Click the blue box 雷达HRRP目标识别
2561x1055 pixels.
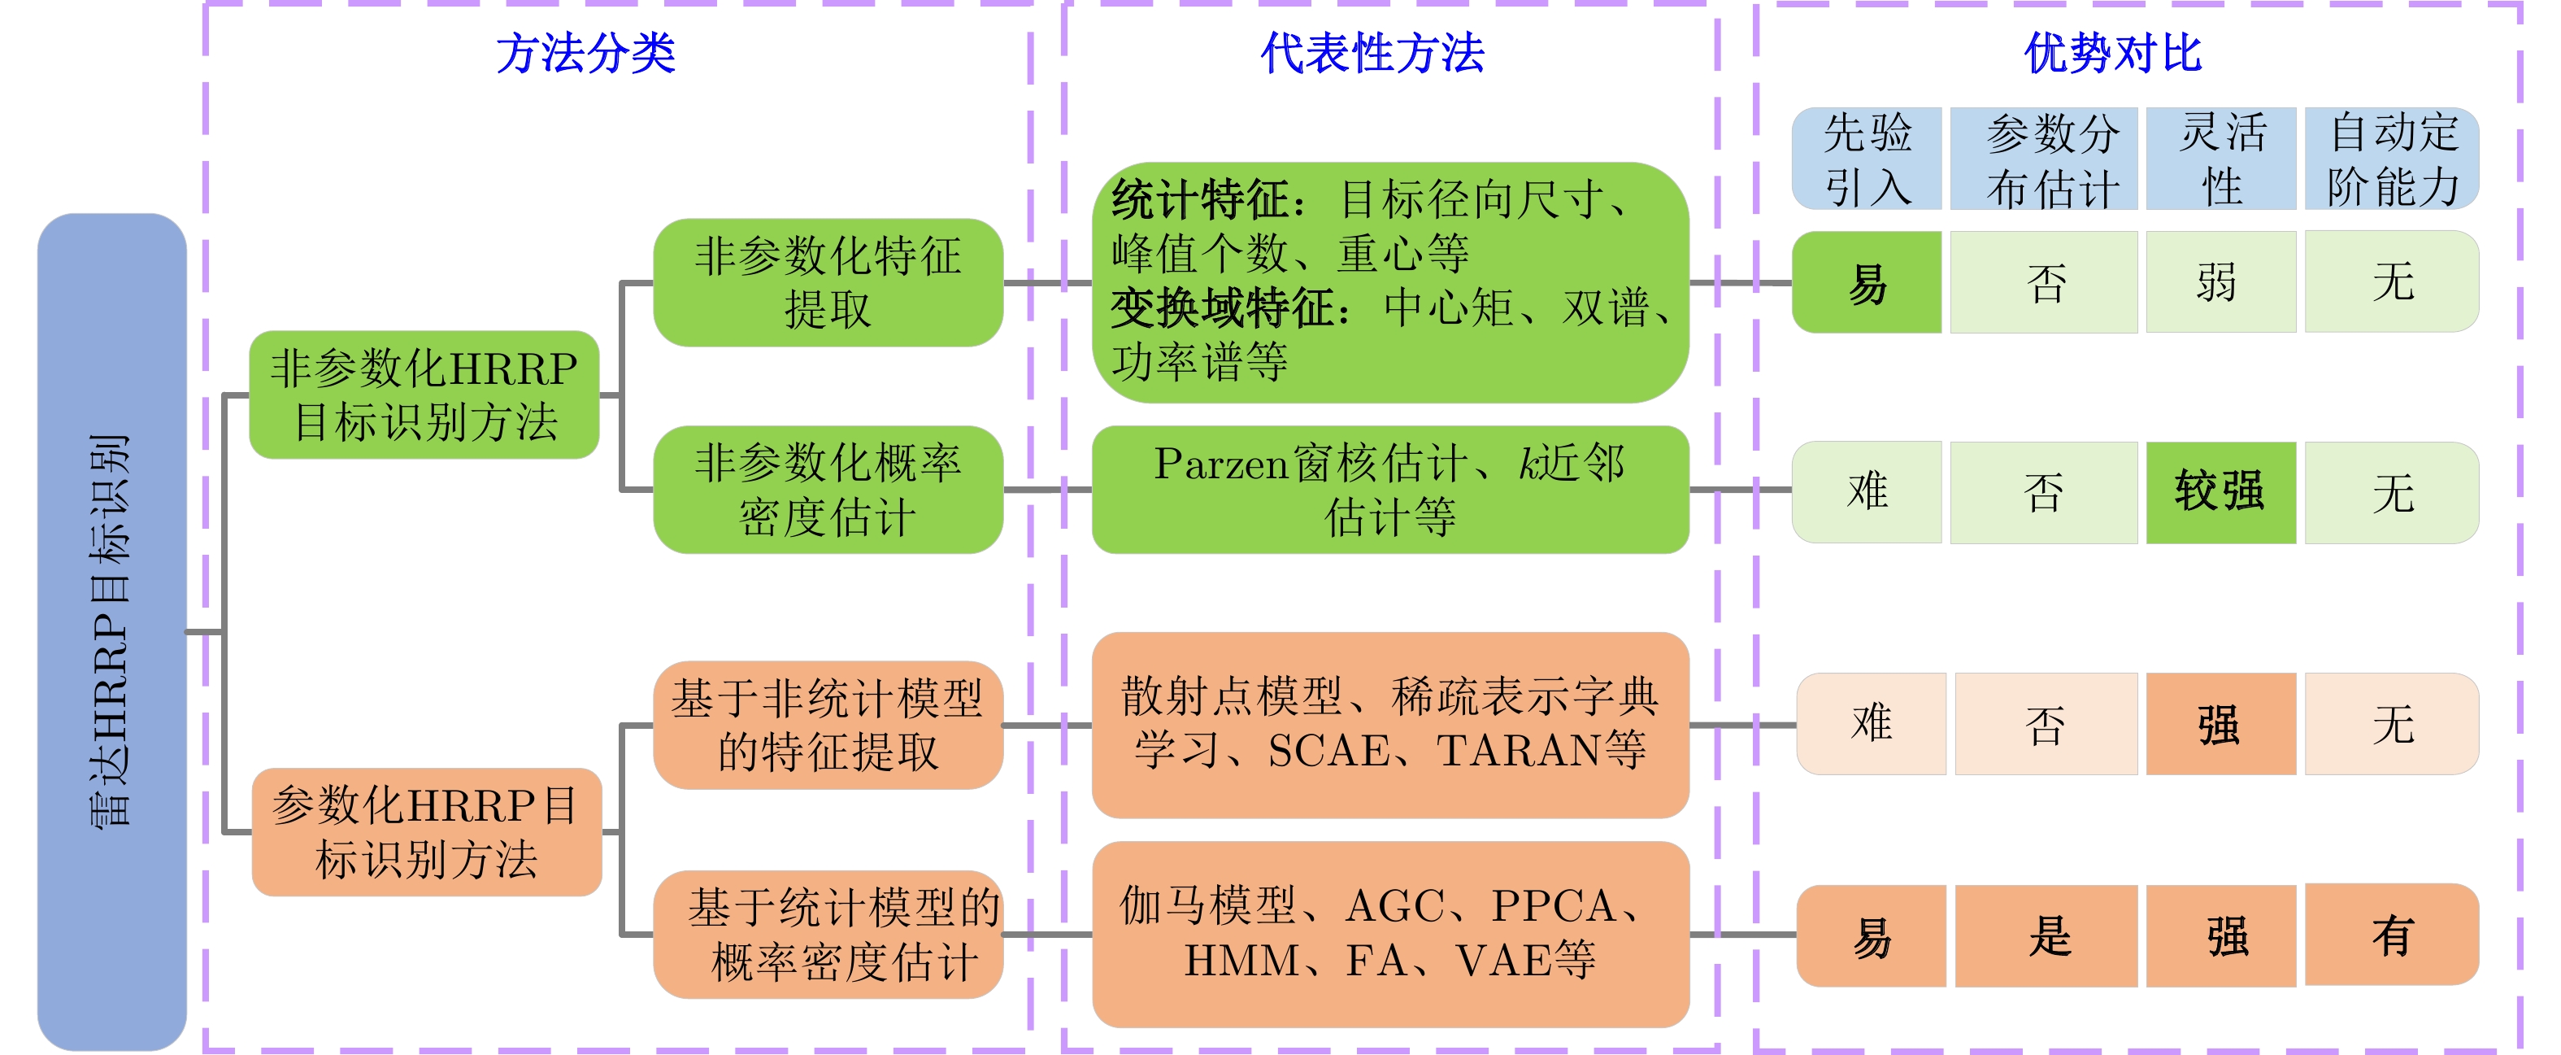click(111, 631)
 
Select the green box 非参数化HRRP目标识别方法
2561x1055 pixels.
click(424, 395)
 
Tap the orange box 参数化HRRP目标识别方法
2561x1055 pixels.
click(427, 831)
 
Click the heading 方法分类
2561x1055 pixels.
click(585, 53)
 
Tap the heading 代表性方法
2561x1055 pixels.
click(1372, 53)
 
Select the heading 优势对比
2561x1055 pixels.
click(2114, 53)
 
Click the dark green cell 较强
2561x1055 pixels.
click(2221, 492)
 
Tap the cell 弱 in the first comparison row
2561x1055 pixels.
click(2221, 282)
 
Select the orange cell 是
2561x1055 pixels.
click(2046, 935)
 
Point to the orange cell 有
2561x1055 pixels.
click(2392, 935)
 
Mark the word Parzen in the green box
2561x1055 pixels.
click(1221, 464)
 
